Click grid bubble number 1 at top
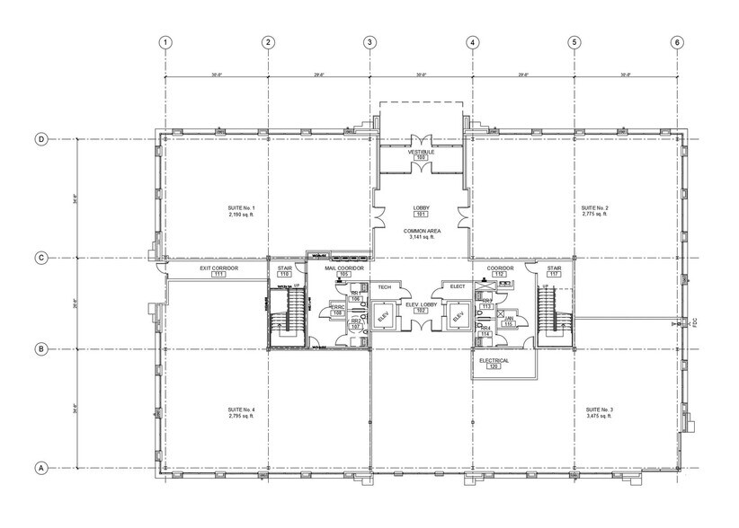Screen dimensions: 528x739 (x=165, y=42)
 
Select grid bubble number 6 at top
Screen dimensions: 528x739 (x=676, y=42)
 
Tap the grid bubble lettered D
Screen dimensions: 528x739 (x=40, y=139)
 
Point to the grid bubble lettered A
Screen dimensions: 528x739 (x=40, y=469)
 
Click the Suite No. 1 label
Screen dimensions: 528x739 (x=242, y=208)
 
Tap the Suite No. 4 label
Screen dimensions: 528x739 (x=242, y=410)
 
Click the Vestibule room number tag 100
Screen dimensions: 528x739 (x=421, y=158)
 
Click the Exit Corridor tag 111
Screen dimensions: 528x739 (x=218, y=274)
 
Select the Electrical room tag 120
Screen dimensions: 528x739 (x=494, y=367)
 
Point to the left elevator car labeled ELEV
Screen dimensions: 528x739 (x=382, y=316)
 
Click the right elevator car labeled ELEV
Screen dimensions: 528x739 (x=459, y=316)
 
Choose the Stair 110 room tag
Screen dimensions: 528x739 (x=286, y=274)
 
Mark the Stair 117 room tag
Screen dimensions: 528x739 (x=555, y=274)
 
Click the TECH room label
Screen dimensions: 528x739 (x=384, y=286)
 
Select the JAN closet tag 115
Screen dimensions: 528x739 (x=508, y=323)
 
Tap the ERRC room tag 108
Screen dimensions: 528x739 (x=338, y=312)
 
